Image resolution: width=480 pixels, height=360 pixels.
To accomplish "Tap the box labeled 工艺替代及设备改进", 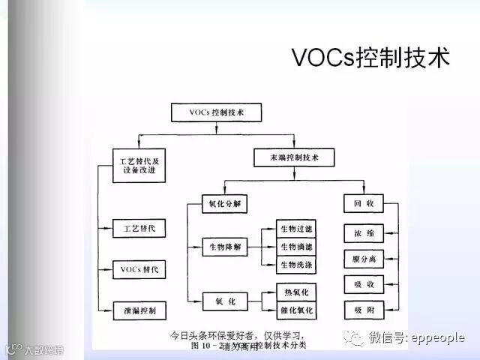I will pos(139,165).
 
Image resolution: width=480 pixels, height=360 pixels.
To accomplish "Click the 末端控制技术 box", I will pos(293,158).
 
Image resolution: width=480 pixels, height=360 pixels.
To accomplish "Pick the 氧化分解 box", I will pos(225,203).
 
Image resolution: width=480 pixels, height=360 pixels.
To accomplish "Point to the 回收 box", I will pos(364,203).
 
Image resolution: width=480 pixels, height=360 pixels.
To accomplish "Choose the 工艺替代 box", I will pos(139,228).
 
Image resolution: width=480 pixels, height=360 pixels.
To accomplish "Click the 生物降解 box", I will pos(225,247).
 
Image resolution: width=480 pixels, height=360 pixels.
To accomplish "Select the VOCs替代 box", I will pos(139,269).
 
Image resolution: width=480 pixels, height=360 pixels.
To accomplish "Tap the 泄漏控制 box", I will pos(139,309).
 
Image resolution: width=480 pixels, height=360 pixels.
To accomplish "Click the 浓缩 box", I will pos(364,233).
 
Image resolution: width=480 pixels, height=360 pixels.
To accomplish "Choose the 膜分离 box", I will pos(364,259).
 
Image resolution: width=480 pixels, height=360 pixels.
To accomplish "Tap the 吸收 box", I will pos(364,284).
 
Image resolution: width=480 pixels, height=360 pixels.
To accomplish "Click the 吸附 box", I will pos(364,309).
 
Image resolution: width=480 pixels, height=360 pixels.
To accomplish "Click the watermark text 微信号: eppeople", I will pos(415,338).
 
